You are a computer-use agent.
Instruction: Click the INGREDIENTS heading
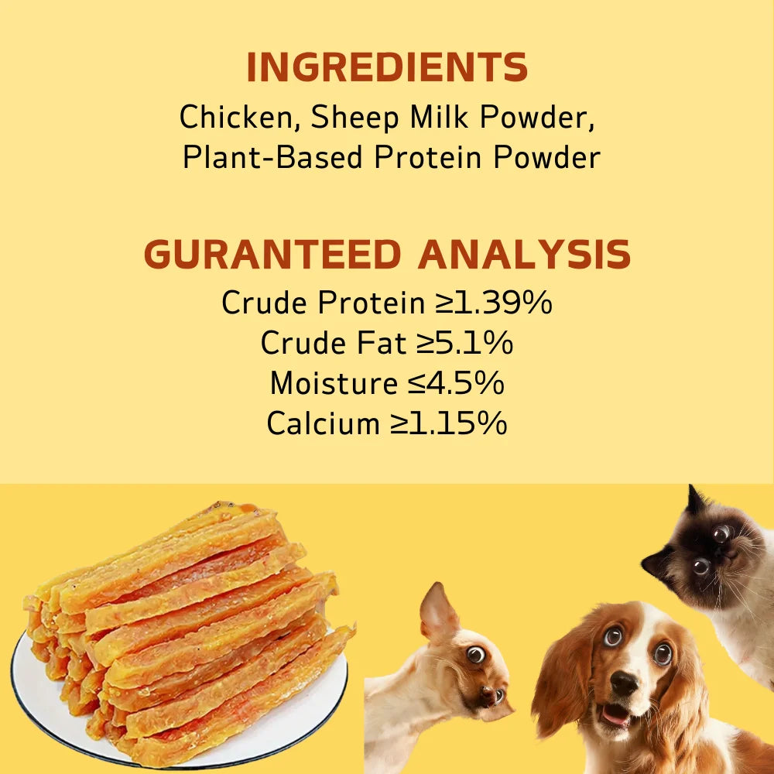tap(387, 68)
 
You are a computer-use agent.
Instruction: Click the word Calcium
tap(323, 423)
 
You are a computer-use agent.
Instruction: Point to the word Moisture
tap(333, 383)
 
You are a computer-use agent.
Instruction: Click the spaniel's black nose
tap(623, 683)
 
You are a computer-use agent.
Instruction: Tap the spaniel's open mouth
tap(616, 716)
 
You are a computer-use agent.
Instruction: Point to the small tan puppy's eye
tap(475, 655)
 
